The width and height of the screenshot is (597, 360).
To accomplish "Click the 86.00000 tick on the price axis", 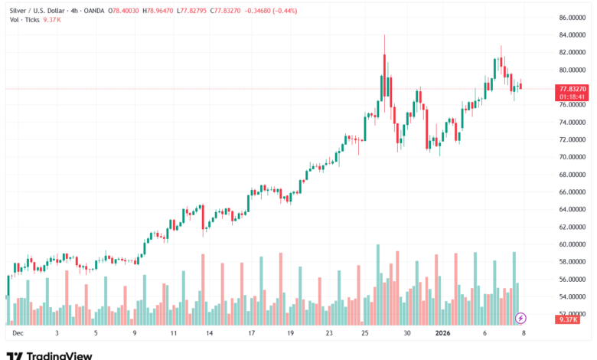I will [x=573, y=18].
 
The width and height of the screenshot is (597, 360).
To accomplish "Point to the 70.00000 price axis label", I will [x=573, y=157].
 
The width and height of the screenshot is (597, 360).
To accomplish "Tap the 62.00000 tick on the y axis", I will [x=573, y=227].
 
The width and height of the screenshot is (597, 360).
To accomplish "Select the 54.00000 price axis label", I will [x=573, y=296].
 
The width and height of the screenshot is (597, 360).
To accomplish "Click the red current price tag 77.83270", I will [x=573, y=89].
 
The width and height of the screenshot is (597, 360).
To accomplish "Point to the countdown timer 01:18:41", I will [x=573, y=97].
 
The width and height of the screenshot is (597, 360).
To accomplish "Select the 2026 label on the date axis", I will [x=444, y=334].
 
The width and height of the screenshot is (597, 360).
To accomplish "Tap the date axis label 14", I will [x=210, y=334].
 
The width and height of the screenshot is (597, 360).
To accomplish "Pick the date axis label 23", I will [x=328, y=334].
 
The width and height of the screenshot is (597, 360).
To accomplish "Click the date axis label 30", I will [x=408, y=334].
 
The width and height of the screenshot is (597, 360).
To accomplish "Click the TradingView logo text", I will [x=59, y=355].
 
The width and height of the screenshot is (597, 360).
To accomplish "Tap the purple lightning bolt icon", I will [x=521, y=318].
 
